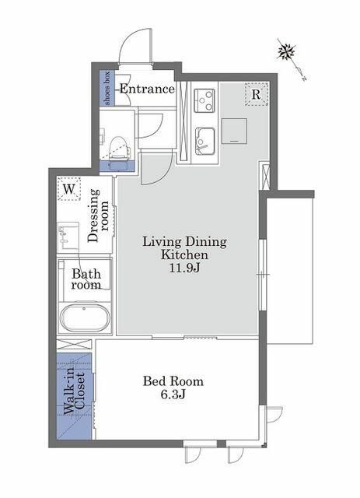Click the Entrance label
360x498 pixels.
tap(147, 89)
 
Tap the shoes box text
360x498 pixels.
tap(107, 88)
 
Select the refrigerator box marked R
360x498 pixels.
tap(257, 94)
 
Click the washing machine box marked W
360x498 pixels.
tap(69, 189)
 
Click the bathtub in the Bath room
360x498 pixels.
tap(85, 318)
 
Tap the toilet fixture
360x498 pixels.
tap(120, 148)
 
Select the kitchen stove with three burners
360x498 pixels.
tap(204, 100)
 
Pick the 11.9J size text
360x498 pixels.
tap(184, 268)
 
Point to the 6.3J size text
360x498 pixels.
tap(173, 395)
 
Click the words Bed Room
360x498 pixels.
tap(173, 381)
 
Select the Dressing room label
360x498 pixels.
tap(98, 216)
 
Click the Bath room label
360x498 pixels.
tap(86, 279)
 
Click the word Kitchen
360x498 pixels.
tap(184, 254)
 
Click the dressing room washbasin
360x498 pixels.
tap(68, 236)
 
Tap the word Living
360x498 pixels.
tap(162, 242)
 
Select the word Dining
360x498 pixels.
tap(206, 242)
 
